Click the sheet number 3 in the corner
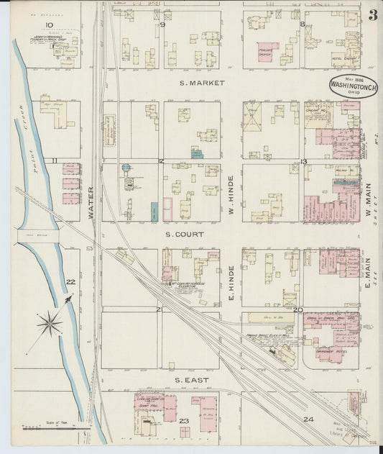(373, 15)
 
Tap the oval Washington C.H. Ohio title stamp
(353, 86)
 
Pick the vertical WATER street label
(91, 204)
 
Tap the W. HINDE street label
(231, 191)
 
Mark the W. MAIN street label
(366, 191)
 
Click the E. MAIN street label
(366, 276)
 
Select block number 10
(49, 26)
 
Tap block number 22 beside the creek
(70, 282)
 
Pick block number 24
(309, 419)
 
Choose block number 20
(297, 310)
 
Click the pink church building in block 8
(267, 51)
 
